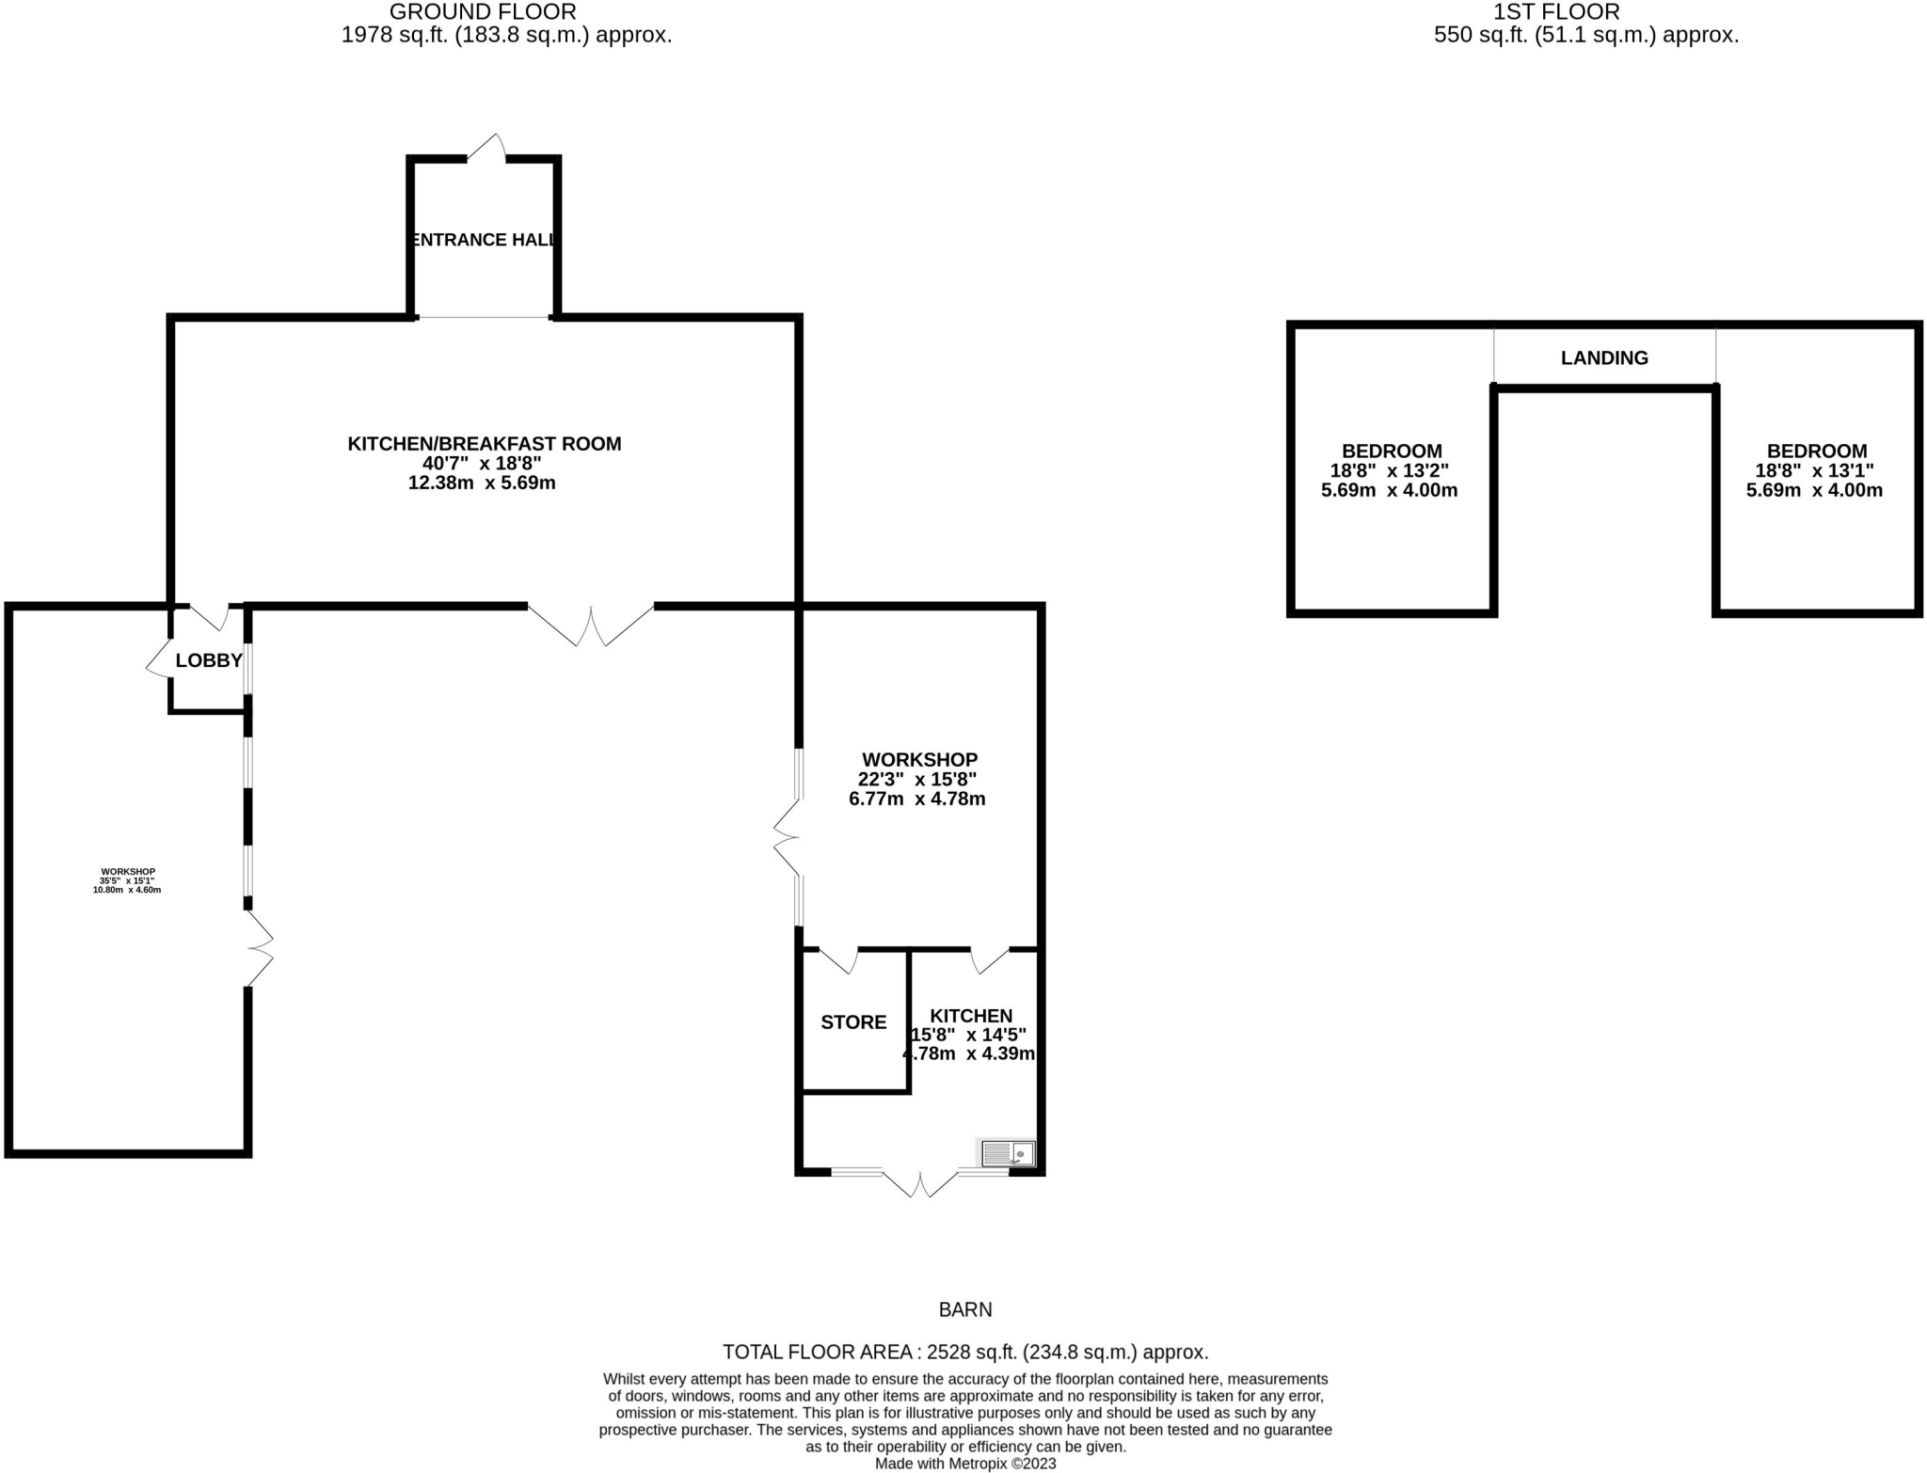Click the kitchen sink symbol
(1008, 1153)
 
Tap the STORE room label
(853, 1022)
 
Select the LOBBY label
(209, 660)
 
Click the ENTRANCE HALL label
(484, 240)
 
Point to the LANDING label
(1604, 357)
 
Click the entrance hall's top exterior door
(487, 149)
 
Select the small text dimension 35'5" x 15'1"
(127, 880)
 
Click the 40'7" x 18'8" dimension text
(482, 463)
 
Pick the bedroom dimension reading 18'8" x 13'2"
(1389, 470)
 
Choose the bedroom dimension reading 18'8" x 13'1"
(1814, 470)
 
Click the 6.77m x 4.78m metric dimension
(916, 800)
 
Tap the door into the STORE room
(839, 960)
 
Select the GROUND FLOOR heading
(482, 12)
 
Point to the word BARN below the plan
(964, 1309)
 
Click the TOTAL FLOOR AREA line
(964, 1353)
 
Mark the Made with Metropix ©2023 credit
(964, 1464)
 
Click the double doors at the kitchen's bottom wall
(919, 1182)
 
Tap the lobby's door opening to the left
(158, 659)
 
